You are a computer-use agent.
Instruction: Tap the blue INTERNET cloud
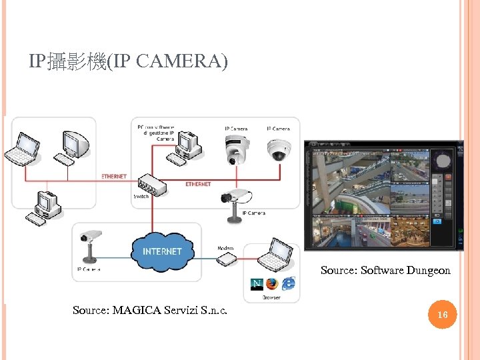pos(161,251)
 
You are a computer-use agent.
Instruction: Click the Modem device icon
pos(227,259)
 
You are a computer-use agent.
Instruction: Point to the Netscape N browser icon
pos(257,284)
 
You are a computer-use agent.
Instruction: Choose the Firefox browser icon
pos(272,284)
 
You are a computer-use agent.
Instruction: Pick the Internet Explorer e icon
pos(288,284)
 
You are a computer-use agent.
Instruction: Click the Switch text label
pos(141,197)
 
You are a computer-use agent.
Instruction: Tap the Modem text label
pos(225,247)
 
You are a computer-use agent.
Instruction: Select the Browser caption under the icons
pos(272,298)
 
